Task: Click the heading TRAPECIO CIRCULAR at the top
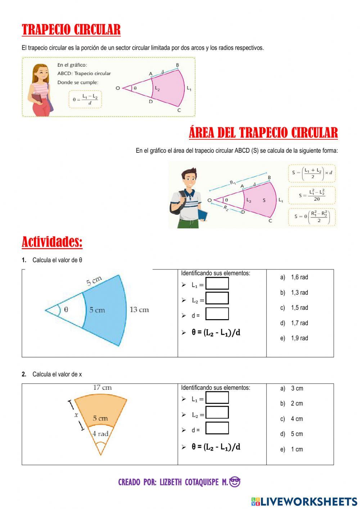(71, 30)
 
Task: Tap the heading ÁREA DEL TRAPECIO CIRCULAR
(263, 133)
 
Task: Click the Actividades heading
(52, 242)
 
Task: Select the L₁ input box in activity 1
(217, 283)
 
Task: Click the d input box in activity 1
(217, 314)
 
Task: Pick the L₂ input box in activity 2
(217, 412)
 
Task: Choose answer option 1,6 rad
(299, 277)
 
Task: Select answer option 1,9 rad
(299, 338)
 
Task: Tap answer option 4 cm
(297, 419)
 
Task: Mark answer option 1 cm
(297, 450)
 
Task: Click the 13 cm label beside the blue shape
(139, 310)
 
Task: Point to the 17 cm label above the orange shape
(102, 388)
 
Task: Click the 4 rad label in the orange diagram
(100, 434)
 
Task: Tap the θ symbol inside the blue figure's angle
(66, 309)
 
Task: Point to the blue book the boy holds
(203, 215)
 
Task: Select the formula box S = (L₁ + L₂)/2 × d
(312, 173)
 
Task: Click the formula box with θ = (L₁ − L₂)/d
(85, 99)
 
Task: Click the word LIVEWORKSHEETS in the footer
(309, 501)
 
